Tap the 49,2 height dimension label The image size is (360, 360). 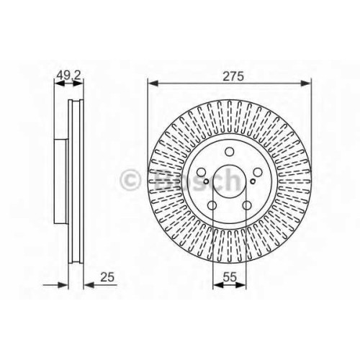(x=68, y=76)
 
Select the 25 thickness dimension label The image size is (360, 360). (x=107, y=277)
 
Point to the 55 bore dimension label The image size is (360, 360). (x=230, y=277)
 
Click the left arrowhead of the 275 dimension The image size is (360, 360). (x=153, y=84)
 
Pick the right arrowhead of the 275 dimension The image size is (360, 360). (x=306, y=84)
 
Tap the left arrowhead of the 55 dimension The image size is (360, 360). (x=218, y=285)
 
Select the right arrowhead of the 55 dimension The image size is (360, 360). (x=241, y=285)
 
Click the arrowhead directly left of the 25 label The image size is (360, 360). (x=89, y=285)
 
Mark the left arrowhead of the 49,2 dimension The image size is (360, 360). (x=59, y=84)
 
